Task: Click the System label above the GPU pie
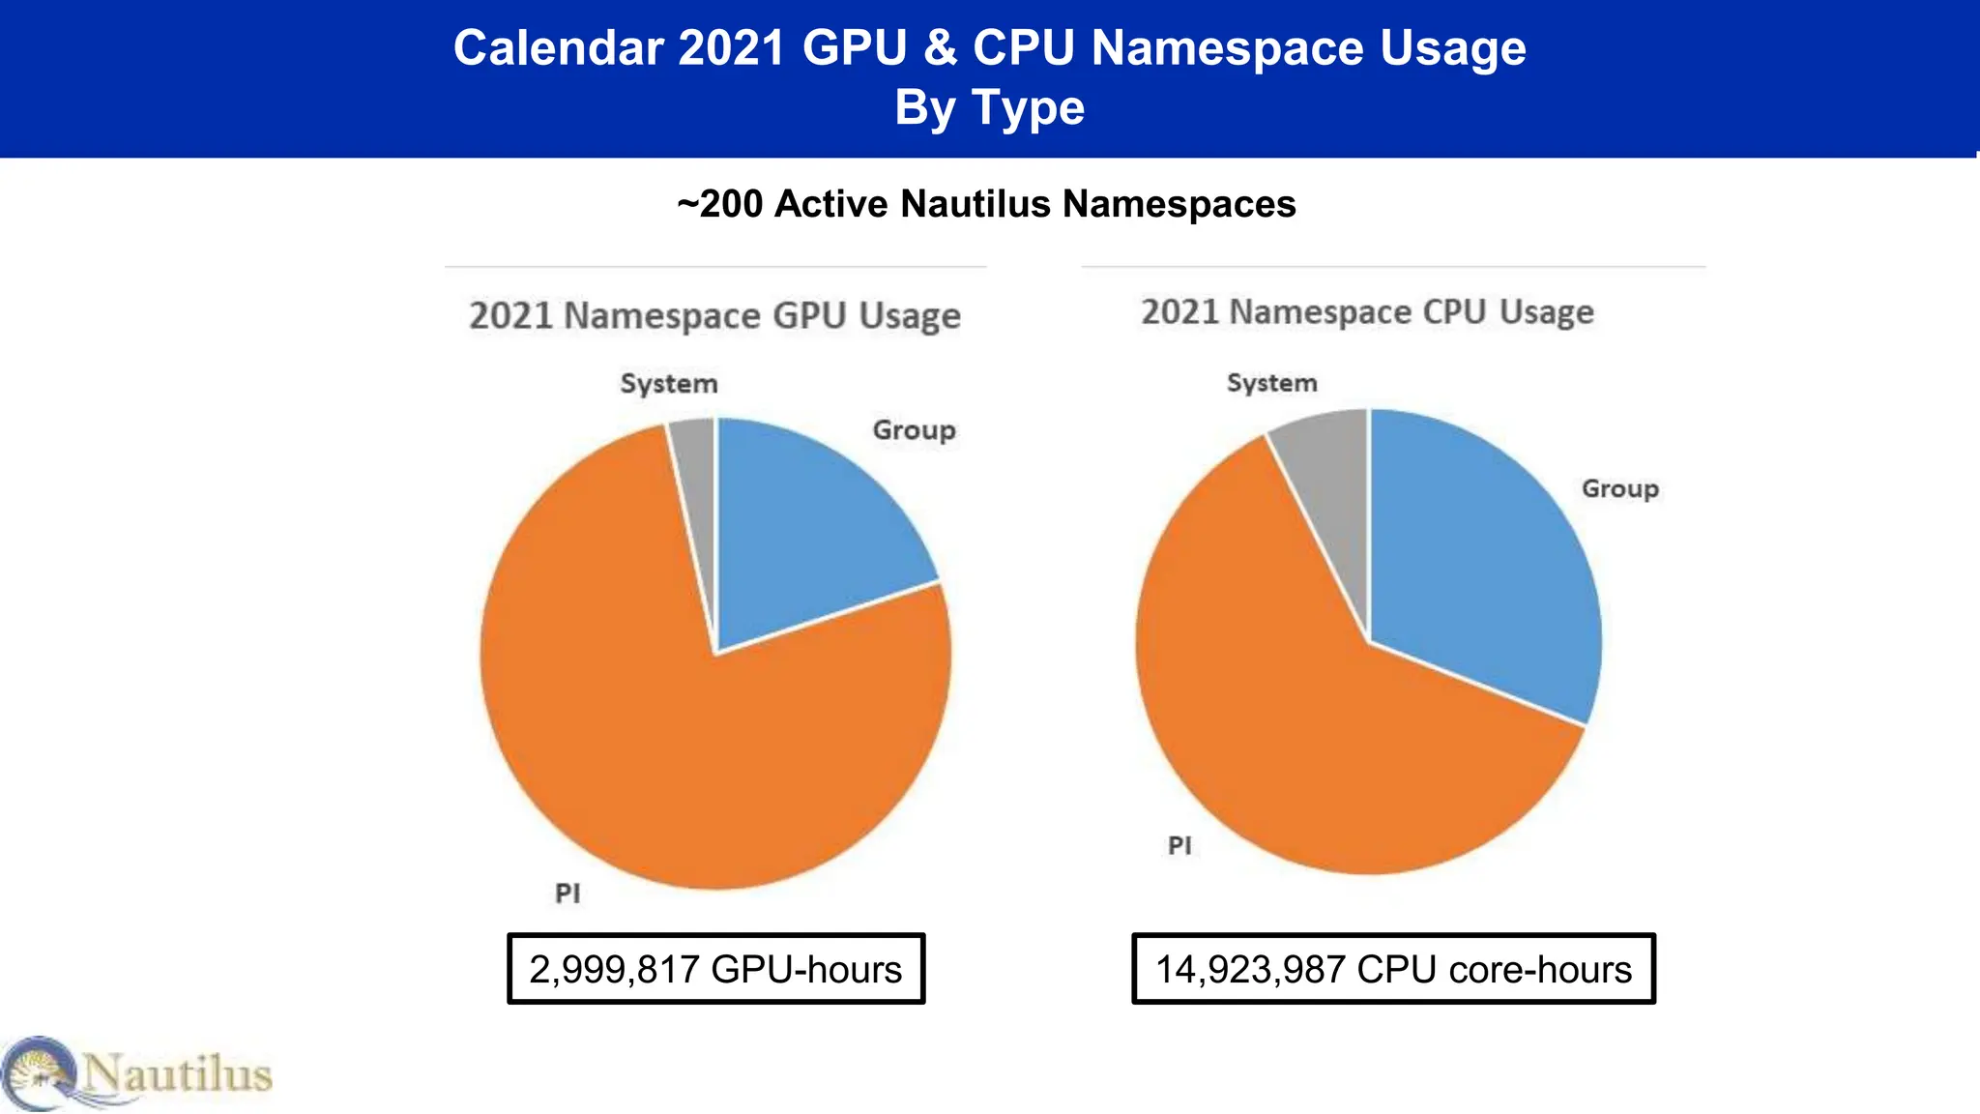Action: coord(669,384)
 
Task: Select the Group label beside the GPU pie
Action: coord(914,430)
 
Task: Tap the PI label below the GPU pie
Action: coord(568,894)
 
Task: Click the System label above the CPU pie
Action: coord(1271,383)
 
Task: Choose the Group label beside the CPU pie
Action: coord(1619,489)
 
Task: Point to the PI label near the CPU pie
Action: coord(1179,846)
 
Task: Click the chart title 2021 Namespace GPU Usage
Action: coord(714,316)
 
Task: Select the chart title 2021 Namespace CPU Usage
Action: coord(1367,312)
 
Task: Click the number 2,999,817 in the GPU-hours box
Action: coord(614,970)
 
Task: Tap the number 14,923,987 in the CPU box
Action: coord(1250,970)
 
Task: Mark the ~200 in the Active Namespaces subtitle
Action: coord(720,204)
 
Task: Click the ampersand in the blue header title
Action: coord(940,48)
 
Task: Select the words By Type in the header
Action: coord(989,107)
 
